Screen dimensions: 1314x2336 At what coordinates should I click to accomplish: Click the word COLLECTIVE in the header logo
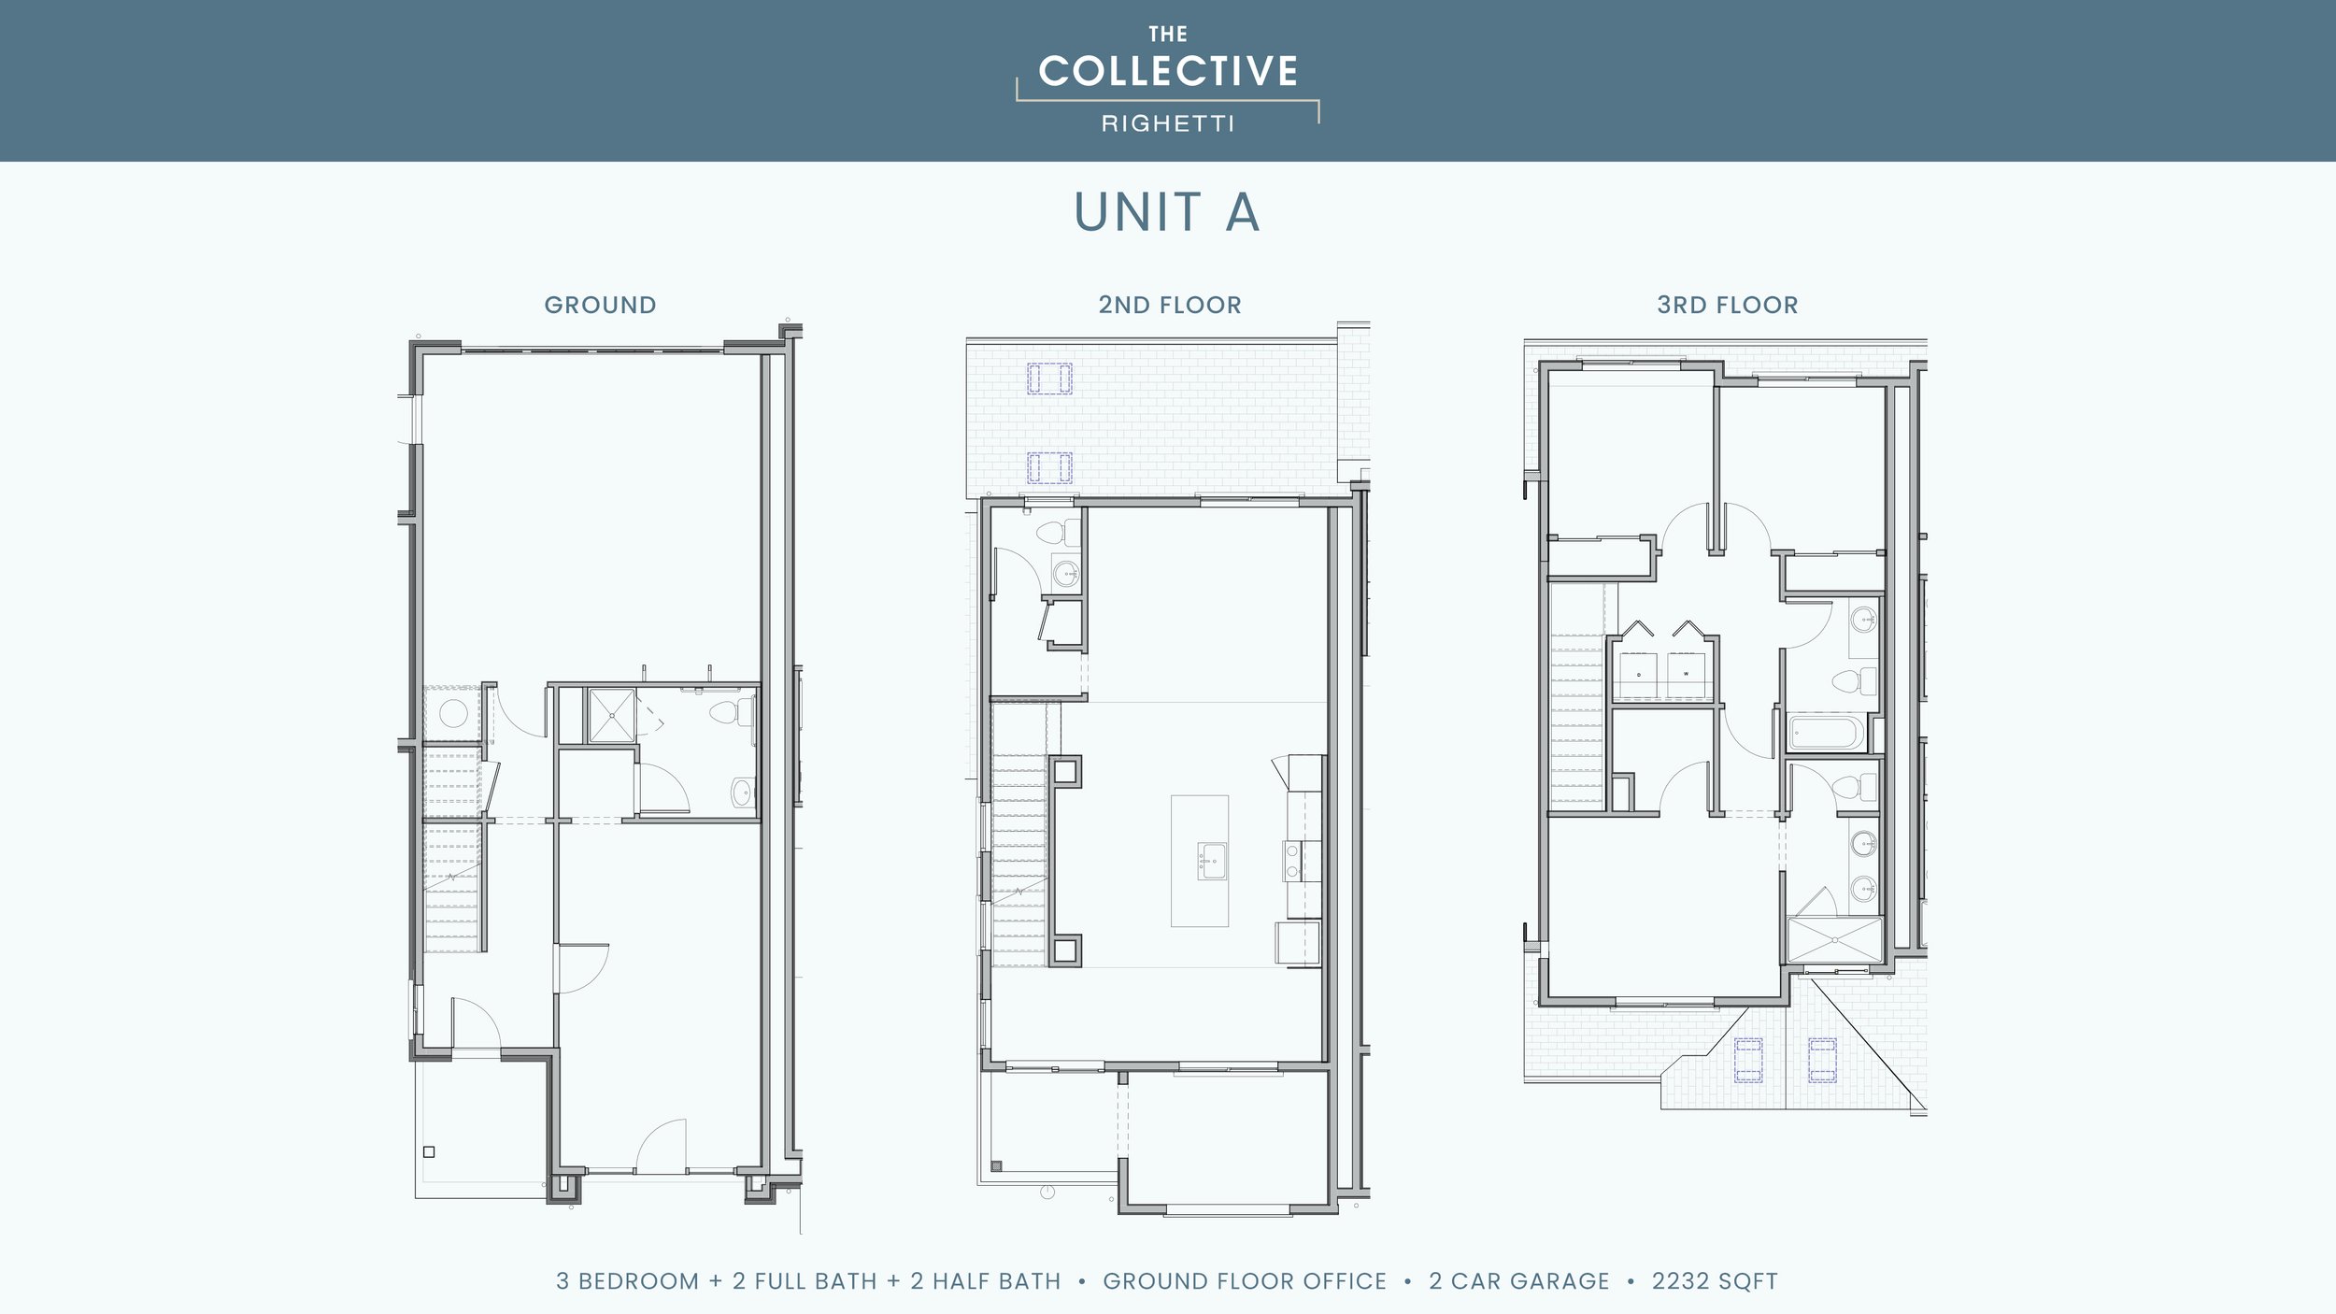coord(1168,72)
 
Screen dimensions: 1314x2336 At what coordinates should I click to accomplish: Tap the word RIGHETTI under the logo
coord(1168,123)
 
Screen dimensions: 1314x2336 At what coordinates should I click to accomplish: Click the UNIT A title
coord(1167,212)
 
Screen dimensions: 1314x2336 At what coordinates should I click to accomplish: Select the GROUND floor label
coord(600,306)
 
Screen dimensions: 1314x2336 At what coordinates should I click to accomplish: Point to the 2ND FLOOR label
coord(1170,306)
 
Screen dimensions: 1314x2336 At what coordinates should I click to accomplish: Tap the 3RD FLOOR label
coord(1727,306)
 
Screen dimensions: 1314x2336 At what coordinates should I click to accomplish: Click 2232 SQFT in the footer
coord(1715,1281)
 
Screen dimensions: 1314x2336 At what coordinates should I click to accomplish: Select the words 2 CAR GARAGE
coord(1519,1281)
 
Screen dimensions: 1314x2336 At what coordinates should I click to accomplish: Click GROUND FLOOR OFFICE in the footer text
coord(1245,1281)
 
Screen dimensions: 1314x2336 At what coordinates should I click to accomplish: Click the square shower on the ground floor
coord(612,716)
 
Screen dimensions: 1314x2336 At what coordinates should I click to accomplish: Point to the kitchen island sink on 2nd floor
coord(1212,861)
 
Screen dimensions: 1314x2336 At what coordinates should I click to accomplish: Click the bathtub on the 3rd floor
coord(1826,734)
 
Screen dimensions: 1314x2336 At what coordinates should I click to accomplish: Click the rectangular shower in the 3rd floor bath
coord(1834,940)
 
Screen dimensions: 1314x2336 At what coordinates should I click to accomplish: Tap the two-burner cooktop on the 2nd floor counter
coord(1292,861)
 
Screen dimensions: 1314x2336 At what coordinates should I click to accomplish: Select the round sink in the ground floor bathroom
coord(743,793)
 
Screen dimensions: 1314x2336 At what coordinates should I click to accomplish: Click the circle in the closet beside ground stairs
coord(453,714)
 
